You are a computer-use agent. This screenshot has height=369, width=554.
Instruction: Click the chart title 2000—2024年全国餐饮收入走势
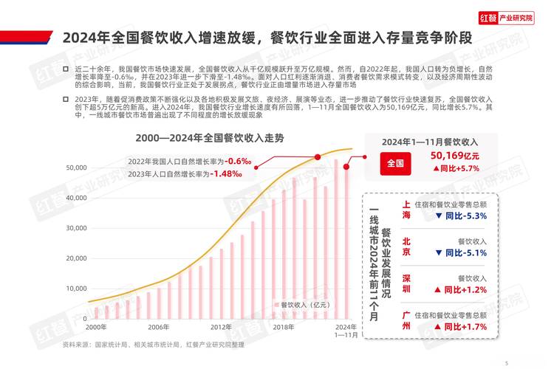point(210,137)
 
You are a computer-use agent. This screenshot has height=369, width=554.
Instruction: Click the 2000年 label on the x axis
point(96,327)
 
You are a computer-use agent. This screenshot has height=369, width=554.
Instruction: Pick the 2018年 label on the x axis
point(284,327)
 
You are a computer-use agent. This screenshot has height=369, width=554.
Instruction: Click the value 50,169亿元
point(456,156)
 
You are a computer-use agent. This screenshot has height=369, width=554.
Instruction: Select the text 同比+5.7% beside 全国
point(456,169)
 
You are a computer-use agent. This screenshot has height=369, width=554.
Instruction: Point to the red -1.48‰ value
point(227,173)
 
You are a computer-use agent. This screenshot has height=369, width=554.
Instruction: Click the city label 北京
point(406,246)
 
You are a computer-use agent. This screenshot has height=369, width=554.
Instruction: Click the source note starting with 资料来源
point(153,344)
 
